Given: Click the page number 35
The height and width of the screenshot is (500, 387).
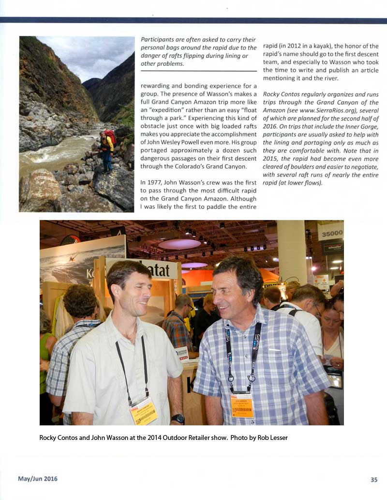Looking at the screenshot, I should [x=374, y=479].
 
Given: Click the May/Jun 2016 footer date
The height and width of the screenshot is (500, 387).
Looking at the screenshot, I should [x=38, y=479].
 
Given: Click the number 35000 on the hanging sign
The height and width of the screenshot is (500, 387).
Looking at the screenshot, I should [x=332, y=233].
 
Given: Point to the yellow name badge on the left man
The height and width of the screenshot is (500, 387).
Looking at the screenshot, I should [x=144, y=411].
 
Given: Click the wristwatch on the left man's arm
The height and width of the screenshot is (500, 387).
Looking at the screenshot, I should [x=178, y=419].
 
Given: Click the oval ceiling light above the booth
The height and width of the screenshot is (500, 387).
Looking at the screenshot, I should [x=179, y=244].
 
